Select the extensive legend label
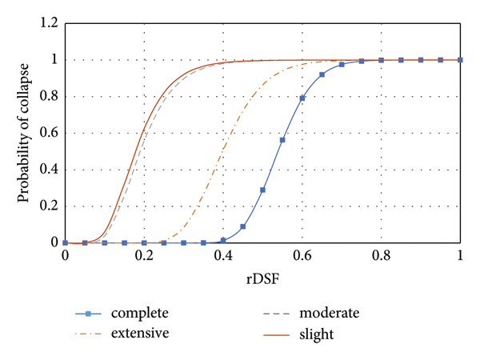141,332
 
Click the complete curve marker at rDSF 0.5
262,190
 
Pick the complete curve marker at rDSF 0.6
302,98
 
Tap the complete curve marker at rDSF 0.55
282,140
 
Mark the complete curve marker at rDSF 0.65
322,74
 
